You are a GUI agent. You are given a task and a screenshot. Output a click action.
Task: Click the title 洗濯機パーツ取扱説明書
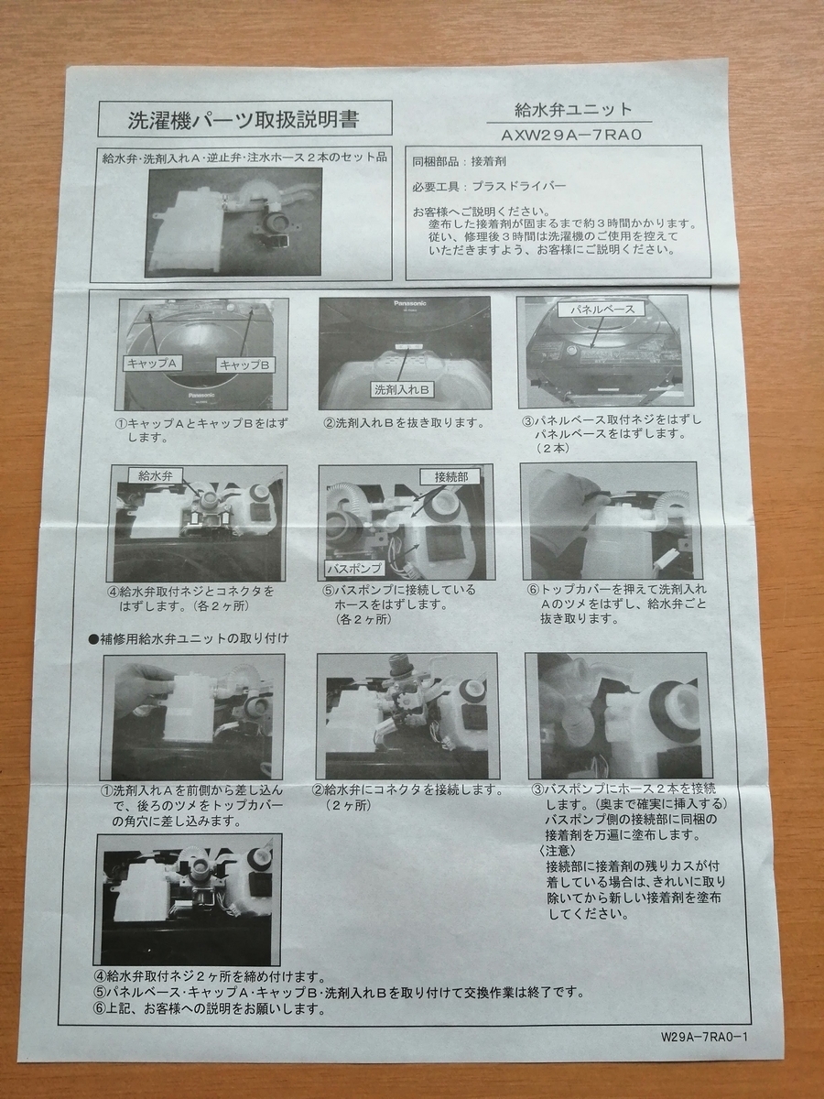click(244, 119)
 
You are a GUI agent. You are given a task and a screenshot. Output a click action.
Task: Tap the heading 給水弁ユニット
click(573, 109)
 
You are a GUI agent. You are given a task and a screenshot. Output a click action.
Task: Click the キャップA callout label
click(152, 363)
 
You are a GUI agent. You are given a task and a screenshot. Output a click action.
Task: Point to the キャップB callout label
click(245, 365)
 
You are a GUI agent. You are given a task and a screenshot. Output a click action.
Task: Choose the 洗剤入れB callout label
click(402, 390)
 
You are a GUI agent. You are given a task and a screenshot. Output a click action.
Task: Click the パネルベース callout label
click(602, 310)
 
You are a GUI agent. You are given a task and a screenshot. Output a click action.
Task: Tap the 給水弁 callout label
click(156, 475)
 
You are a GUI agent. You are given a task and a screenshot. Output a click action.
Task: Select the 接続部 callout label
click(450, 476)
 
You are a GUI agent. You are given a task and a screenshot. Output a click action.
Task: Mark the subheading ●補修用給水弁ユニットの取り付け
click(188, 638)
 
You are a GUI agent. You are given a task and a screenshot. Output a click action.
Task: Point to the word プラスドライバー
click(519, 187)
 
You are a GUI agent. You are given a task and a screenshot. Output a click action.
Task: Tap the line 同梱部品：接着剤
click(460, 161)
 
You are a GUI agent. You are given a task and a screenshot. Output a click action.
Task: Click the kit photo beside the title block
click(235, 222)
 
